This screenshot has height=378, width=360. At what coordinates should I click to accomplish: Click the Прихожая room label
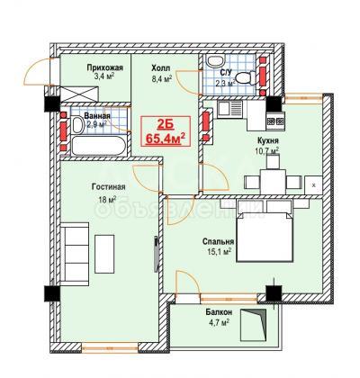[x=105, y=67]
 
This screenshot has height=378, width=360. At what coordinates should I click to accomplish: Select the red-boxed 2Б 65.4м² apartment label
[x=166, y=131]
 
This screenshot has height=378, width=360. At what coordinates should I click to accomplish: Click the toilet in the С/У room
[x=245, y=77]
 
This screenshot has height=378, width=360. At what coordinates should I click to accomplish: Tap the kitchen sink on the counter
[x=230, y=110]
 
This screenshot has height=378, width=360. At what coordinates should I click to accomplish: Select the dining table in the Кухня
[x=273, y=182]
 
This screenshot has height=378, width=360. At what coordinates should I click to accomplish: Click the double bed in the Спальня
[x=265, y=236]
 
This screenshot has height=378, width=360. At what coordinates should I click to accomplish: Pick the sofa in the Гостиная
[x=75, y=254]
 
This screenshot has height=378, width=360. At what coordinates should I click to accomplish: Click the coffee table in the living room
[x=104, y=254]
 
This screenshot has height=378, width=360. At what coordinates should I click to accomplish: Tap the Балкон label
[x=219, y=312]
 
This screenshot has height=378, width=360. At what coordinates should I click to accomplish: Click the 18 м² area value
[x=107, y=200]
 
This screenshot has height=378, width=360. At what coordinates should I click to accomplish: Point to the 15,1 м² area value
[x=220, y=251]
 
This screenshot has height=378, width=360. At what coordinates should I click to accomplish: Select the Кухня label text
[x=268, y=140]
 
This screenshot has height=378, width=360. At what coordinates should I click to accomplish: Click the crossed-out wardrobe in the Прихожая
[x=79, y=94]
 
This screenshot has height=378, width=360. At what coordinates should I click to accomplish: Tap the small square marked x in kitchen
[x=313, y=185]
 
